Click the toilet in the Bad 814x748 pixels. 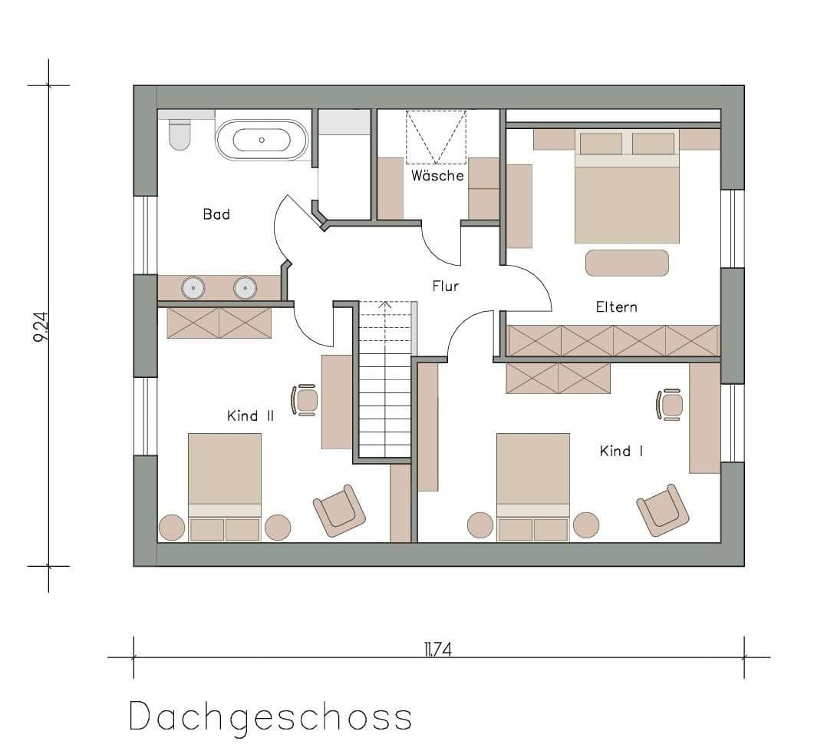[x=180, y=135]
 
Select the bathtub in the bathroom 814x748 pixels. [x=261, y=141]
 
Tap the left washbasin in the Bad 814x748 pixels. [x=193, y=288]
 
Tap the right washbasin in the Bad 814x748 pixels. [x=245, y=288]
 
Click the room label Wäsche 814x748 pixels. [x=437, y=176]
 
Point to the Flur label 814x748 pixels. [x=445, y=286]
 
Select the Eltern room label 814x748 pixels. [x=616, y=307]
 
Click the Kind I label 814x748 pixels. [x=621, y=451]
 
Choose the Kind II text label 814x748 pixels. [x=250, y=416]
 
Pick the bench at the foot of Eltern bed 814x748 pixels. [x=627, y=263]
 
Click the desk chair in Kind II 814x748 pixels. [x=305, y=400]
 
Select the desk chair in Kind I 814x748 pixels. [x=670, y=405]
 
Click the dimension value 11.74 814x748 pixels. [x=437, y=650]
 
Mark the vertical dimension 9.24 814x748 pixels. [x=39, y=326]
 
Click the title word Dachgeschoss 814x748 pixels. [x=270, y=717]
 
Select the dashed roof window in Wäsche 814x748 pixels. [x=436, y=137]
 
